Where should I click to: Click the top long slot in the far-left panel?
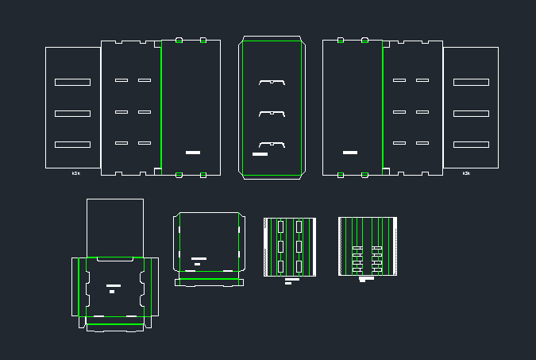[x=72, y=82]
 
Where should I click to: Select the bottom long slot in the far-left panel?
[x=72, y=144]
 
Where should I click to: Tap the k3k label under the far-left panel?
[x=76, y=173]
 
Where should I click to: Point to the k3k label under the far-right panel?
[x=466, y=173]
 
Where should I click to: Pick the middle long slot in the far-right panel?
[x=471, y=114]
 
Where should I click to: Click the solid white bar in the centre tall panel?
[x=260, y=154]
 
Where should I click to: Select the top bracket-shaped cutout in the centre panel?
[x=272, y=82]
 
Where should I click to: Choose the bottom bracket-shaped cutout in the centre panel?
[x=272, y=145]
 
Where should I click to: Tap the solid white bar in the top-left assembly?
[x=193, y=152]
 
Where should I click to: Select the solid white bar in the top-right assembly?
[x=350, y=152]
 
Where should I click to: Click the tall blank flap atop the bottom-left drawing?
[x=114, y=226]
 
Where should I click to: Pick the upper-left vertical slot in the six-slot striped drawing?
[x=280, y=227]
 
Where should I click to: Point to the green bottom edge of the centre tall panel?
[x=272, y=175]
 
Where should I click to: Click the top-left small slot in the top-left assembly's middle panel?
[x=121, y=80]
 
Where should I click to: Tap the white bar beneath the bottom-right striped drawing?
[x=367, y=278]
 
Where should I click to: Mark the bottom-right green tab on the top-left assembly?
[x=203, y=175]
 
